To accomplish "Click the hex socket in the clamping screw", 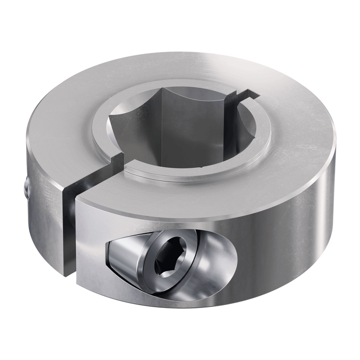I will coord(169,256).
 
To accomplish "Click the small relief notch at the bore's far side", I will coord(239,95).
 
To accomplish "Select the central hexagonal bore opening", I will coord(180,126).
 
